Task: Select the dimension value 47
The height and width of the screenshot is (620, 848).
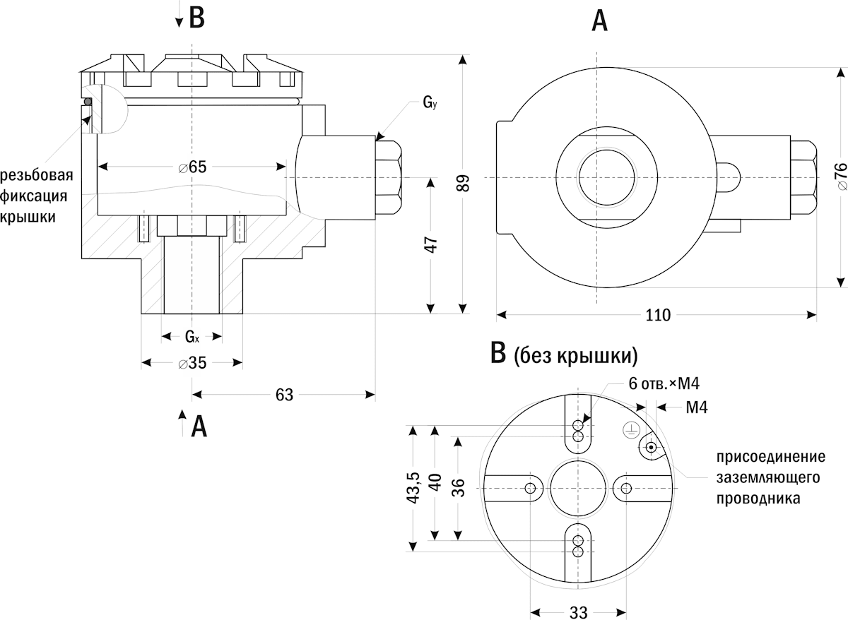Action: click(x=432, y=244)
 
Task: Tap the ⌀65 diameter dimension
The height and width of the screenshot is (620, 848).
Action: click(x=192, y=167)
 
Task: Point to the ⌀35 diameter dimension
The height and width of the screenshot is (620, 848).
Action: click(x=192, y=363)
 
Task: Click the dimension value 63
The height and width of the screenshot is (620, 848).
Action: click(x=284, y=394)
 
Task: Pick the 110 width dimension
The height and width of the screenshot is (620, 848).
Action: click(x=657, y=315)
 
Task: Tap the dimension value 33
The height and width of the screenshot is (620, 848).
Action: click(x=578, y=612)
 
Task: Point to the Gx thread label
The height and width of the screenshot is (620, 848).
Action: click(x=192, y=336)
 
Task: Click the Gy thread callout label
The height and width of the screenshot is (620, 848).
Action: click(x=430, y=103)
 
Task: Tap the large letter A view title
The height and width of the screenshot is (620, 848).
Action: click(x=599, y=21)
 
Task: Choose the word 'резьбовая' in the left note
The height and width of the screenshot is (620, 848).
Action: click(x=37, y=175)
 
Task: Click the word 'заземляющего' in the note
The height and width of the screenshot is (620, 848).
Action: click(x=767, y=477)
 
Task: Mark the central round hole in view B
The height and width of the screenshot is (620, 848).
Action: click(x=579, y=489)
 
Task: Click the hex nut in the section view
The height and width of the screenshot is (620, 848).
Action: click(x=388, y=177)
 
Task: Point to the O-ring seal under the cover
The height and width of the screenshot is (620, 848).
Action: click(x=88, y=102)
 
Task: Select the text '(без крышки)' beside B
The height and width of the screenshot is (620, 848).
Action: click(x=576, y=354)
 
